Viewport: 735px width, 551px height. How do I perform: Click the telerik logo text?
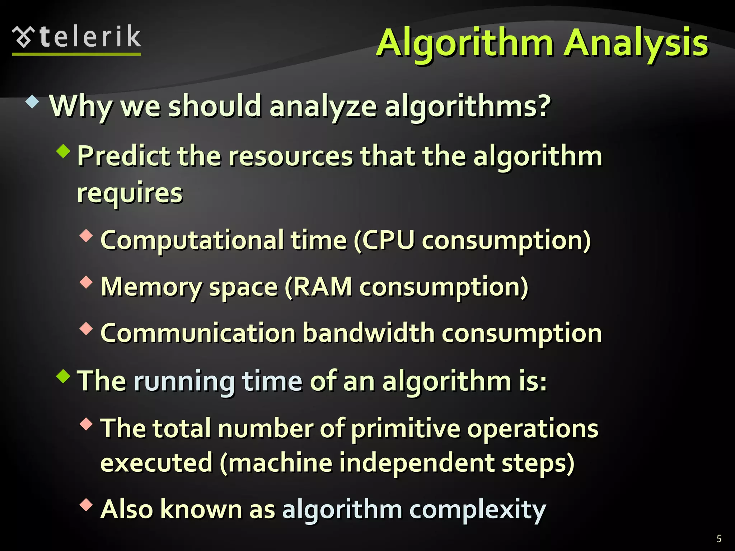pyautogui.click(x=90, y=37)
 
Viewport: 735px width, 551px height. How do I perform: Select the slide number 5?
pyautogui.click(x=719, y=538)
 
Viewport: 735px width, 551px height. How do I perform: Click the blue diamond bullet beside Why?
pyautogui.click(x=32, y=102)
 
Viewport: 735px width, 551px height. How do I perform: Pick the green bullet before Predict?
pyautogui.click(x=64, y=151)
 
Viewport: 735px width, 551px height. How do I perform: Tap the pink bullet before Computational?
pyautogui.click(x=86, y=236)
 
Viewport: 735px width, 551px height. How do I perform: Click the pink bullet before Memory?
pyautogui.click(x=86, y=282)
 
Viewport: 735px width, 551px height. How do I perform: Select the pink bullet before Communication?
pyautogui.click(x=86, y=329)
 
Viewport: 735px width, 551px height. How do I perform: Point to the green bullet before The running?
pyautogui.click(x=64, y=376)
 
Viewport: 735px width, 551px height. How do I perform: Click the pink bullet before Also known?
pyautogui.click(x=86, y=505)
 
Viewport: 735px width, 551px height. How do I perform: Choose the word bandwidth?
pyautogui.click(x=369, y=333)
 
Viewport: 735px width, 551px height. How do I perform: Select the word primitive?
pyautogui.click(x=406, y=429)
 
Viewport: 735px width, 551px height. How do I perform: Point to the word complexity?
pyautogui.click(x=477, y=509)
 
